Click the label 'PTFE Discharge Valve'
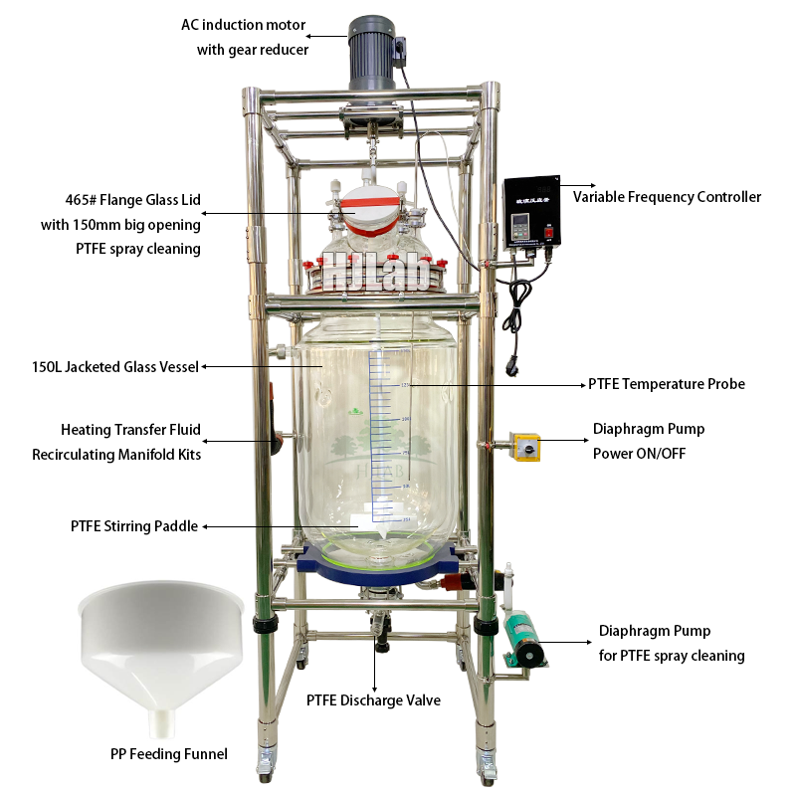click(x=373, y=700)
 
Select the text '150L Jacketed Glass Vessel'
click(x=115, y=366)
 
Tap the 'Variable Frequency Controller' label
click(x=667, y=197)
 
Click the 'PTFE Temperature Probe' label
click(x=666, y=384)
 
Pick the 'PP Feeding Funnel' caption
click(x=169, y=754)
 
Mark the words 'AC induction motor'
click(x=245, y=26)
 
